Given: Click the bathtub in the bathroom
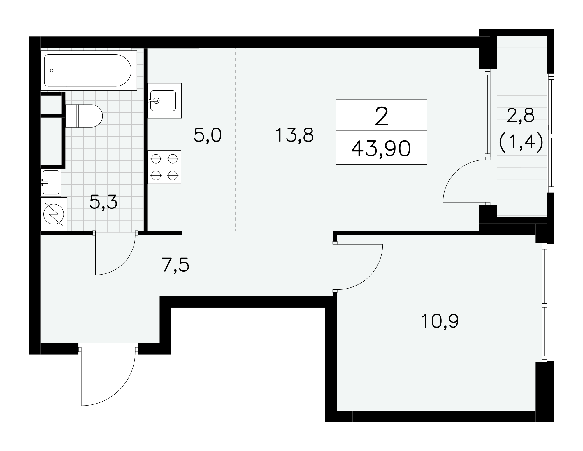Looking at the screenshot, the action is pyautogui.click(x=89, y=70).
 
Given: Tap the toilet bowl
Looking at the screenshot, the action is pyautogui.click(x=84, y=116).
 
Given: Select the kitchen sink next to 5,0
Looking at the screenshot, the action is pyautogui.click(x=164, y=100).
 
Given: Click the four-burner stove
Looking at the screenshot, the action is pyautogui.click(x=164, y=167).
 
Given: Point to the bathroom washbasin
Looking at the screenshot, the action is pyautogui.click(x=51, y=182).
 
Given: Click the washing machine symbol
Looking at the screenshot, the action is pyautogui.click(x=54, y=214).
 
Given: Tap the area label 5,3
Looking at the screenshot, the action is pyautogui.click(x=103, y=202).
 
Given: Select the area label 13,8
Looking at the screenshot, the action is pyautogui.click(x=294, y=135).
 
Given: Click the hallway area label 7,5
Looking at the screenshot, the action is pyautogui.click(x=175, y=265).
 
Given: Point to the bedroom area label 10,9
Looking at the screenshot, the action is pyautogui.click(x=440, y=321).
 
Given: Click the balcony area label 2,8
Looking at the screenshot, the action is pyautogui.click(x=520, y=116).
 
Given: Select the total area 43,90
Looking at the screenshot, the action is pyautogui.click(x=381, y=149).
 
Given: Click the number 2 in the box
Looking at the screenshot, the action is pyautogui.click(x=382, y=116).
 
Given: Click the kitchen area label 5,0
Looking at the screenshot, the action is pyautogui.click(x=208, y=135).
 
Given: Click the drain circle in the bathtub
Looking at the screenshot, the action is pyautogui.click(x=52, y=70).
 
